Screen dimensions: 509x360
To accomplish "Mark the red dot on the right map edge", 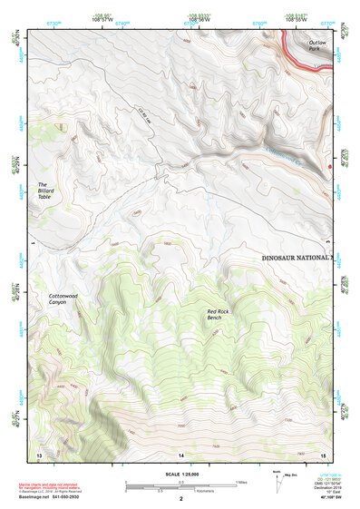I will [x=331, y=167].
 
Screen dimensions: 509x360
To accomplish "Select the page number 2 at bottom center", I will [x=180, y=499].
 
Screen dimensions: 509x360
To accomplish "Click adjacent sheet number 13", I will [x=38, y=454].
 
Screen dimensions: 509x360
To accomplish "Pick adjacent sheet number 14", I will [x=180, y=454].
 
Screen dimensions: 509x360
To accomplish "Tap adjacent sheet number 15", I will [x=323, y=454].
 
